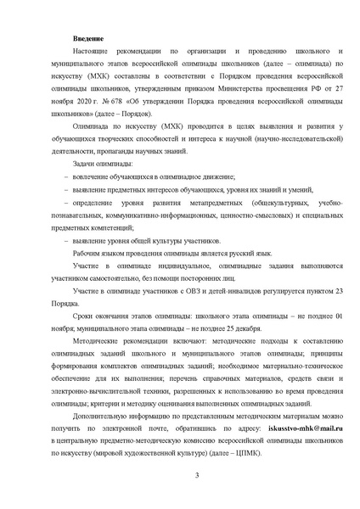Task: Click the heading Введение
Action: (88, 39)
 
